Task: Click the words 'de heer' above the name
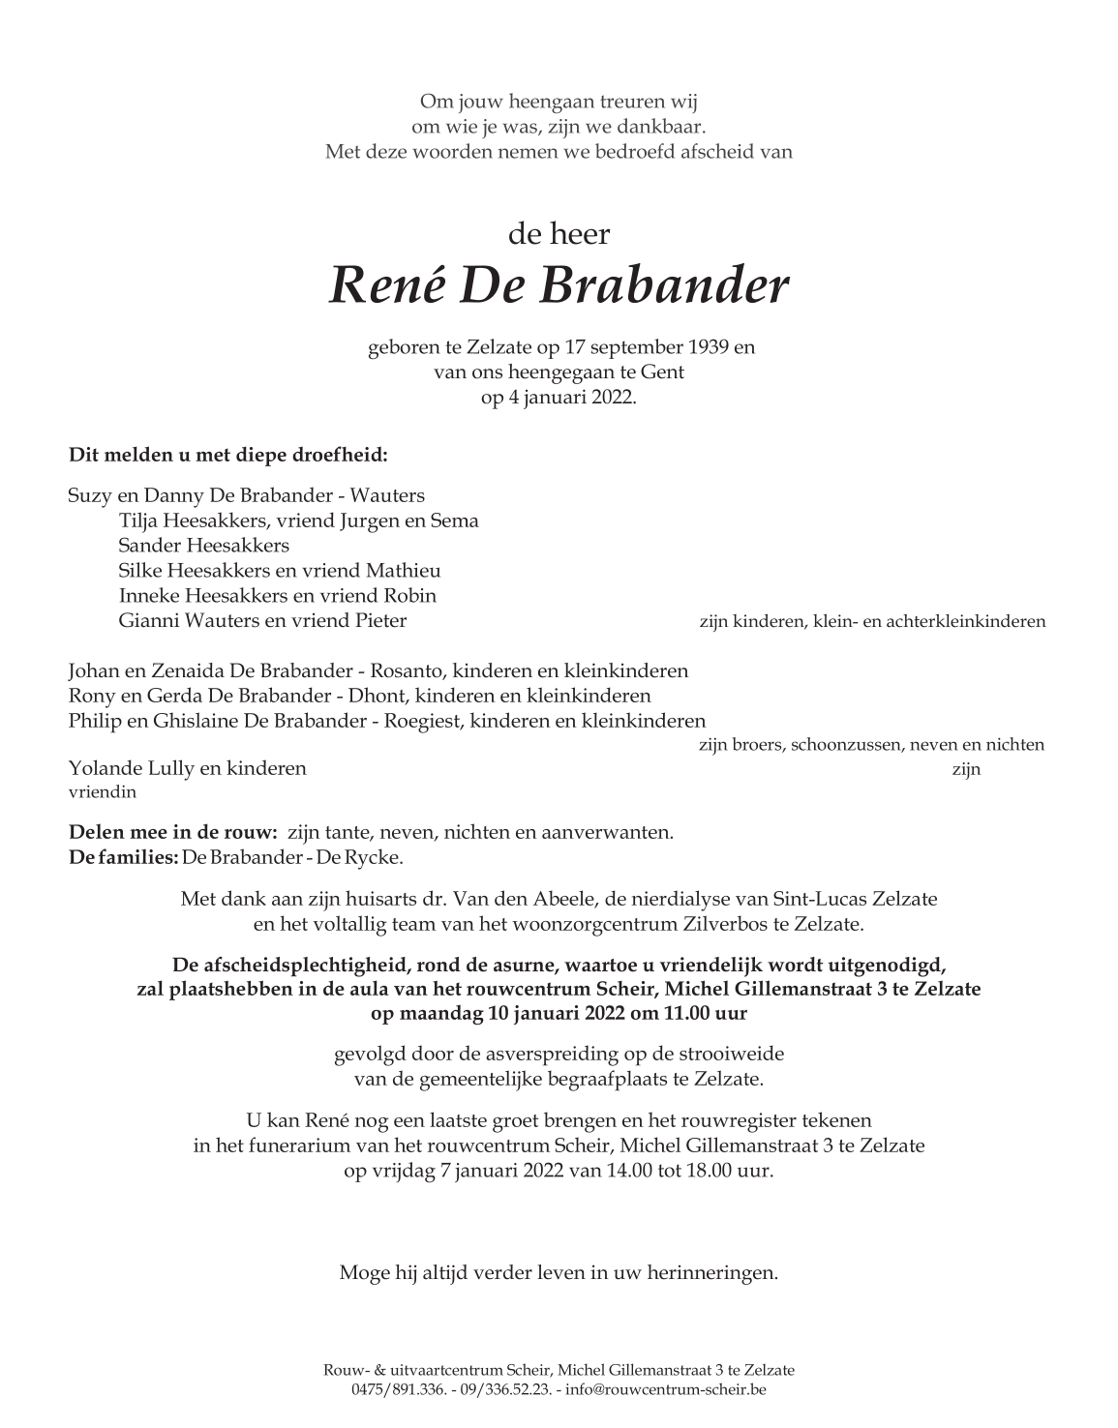559,233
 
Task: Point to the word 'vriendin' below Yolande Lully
103,792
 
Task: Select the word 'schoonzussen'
840,745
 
